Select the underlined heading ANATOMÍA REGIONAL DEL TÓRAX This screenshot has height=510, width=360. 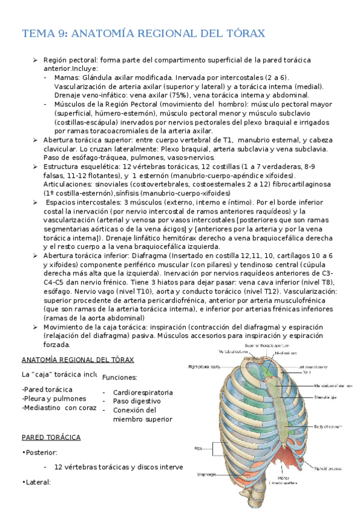pyautogui.click(x=78, y=360)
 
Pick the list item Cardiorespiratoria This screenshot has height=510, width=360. pyautogui.click(x=143, y=392)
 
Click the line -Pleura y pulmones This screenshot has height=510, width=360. pyautogui.click(x=53, y=398)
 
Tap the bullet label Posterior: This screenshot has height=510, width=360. pyautogui.click(x=41, y=452)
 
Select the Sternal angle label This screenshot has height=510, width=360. pyautogui.click(x=325, y=397)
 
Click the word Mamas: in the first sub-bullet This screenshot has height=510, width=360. pyautogui.click(x=67, y=78)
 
